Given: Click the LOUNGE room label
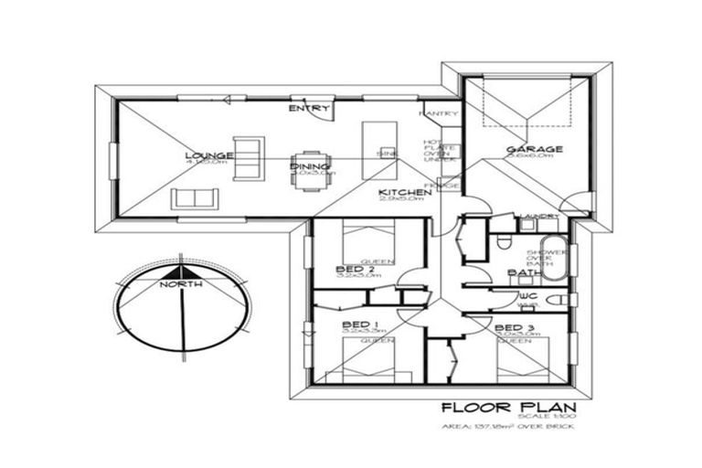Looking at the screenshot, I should click(x=208, y=155).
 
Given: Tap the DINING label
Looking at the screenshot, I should click(x=305, y=165).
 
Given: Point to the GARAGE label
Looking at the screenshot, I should click(x=534, y=149).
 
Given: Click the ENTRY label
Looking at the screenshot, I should click(x=308, y=109).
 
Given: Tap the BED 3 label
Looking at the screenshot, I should click(x=515, y=327).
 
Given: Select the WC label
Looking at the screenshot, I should click(x=528, y=296).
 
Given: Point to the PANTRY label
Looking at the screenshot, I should click(x=437, y=113).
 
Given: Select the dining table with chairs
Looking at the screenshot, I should click(x=310, y=168).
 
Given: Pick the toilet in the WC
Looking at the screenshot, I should click(x=559, y=300).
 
